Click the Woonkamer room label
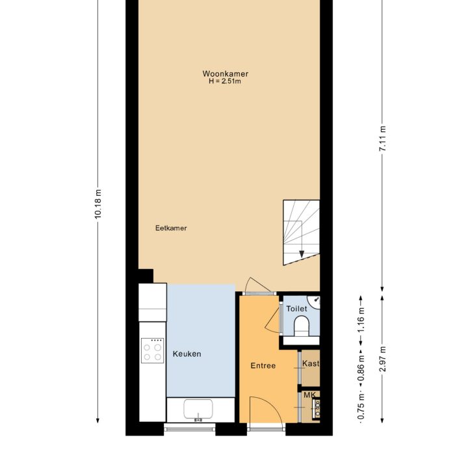coord(225,74)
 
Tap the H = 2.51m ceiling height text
coord(225,82)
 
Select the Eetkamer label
coord(171,228)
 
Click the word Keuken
coord(187,354)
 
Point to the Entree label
coord(263,365)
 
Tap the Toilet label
coord(296,309)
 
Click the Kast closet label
coord(311,364)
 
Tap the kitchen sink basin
coord(200,410)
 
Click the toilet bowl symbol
coord(302,325)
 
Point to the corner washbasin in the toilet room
coord(315,302)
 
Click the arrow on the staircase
coord(302,253)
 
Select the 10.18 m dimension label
coord(98,205)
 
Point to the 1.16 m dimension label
coord(361,323)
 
